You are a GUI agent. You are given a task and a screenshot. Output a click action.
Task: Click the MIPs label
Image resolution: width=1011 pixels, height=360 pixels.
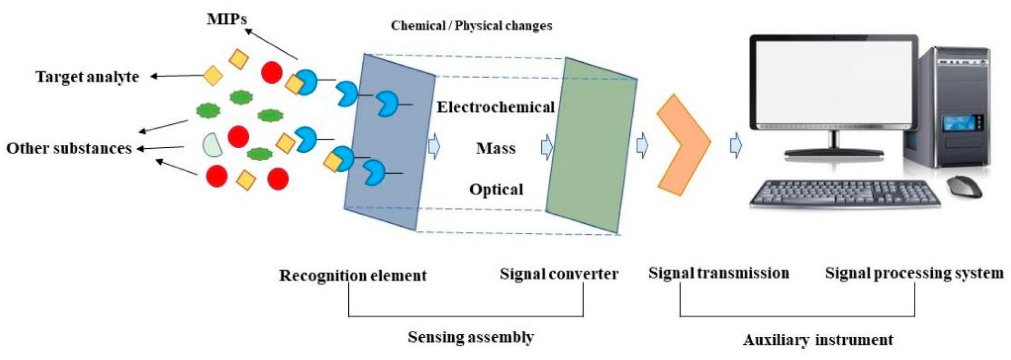tap(227, 19)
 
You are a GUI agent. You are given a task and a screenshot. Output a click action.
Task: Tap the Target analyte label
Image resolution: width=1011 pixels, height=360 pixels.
tap(87, 77)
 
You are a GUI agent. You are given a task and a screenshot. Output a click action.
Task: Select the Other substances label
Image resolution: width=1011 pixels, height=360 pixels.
tap(69, 148)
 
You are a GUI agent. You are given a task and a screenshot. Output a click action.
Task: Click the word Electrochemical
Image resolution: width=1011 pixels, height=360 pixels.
tap(496, 107)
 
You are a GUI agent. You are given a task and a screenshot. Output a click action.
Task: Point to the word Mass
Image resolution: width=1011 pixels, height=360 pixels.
tap(496, 148)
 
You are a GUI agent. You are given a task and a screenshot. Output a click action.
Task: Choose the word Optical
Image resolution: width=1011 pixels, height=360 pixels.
tap(496, 190)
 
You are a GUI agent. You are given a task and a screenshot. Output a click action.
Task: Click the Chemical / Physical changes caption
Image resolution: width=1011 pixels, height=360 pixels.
tap(471, 26)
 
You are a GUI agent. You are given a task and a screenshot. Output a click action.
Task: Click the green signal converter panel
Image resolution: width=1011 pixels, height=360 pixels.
tap(592, 145)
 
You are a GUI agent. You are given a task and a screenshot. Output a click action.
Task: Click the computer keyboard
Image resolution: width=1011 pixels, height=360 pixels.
tap(844, 194)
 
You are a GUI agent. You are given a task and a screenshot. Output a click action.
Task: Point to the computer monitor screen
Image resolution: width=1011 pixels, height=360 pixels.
tap(834, 81)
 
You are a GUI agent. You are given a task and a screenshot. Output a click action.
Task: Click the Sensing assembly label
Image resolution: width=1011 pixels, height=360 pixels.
tap(471, 337)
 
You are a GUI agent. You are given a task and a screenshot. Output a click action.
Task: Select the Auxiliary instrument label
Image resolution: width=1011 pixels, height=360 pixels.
tap(817, 340)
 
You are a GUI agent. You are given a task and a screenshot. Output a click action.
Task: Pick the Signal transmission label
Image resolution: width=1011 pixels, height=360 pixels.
tap(719, 273)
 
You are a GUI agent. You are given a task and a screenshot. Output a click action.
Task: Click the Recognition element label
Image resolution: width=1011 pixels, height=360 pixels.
tap(352, 276)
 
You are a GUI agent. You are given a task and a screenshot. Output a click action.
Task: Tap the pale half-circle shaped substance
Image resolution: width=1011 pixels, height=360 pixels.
tap(212, 145)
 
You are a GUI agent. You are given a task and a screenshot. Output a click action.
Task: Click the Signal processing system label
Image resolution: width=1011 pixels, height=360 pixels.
tap(914, 273)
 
